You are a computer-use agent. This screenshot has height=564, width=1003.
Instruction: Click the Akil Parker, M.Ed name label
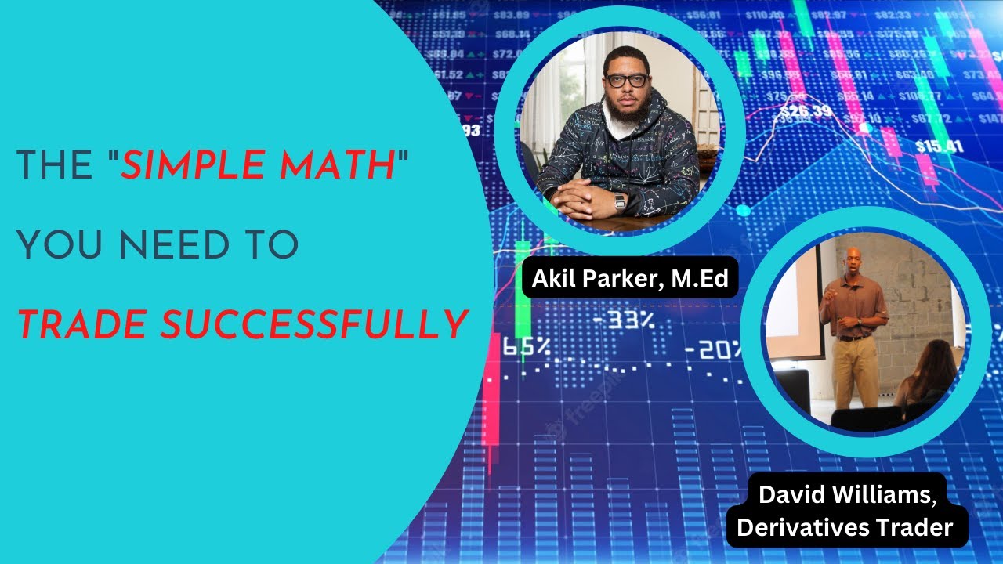pos(630,277)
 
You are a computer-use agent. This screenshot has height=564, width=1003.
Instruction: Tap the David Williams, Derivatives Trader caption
pos(845,512)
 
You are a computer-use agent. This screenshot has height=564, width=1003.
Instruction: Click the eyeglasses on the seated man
pos(627,80)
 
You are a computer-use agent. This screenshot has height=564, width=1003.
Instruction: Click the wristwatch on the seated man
pos(621,202)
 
